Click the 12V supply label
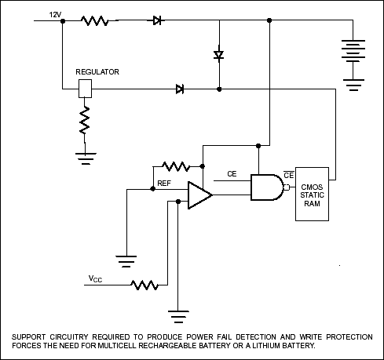click(x=55, y=14)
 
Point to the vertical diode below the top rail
click(x=219, y=55)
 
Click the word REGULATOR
click(x=97, y=71)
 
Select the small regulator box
click(x=86, y=89)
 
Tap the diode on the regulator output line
click(x=180, y=89)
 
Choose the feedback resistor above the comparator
click(x=175, y=166)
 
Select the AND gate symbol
click(x=265, y=187)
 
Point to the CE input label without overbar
click(x=232, y=173)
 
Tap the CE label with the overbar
click(x=288, y=174)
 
